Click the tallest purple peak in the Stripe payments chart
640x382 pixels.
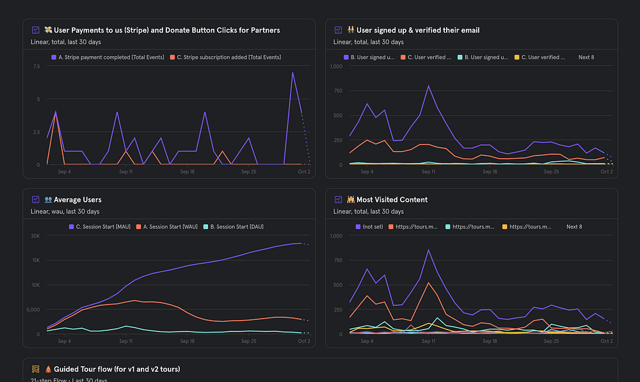pos(292,73)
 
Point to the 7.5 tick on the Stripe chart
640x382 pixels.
pos(36,66)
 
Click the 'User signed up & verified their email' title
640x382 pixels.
pos(418,30)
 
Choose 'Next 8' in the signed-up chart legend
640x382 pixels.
pos(586,57)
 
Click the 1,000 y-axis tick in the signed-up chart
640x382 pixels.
pos(335,66)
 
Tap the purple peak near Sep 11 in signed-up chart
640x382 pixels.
pos(428,86)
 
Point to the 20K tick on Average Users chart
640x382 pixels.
pos(35,235)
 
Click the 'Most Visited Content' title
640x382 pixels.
pos(392,200)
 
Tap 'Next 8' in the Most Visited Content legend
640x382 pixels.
pos(574,227)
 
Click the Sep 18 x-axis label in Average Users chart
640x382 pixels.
pos(188,342)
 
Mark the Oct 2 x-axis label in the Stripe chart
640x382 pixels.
pos(303,172)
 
